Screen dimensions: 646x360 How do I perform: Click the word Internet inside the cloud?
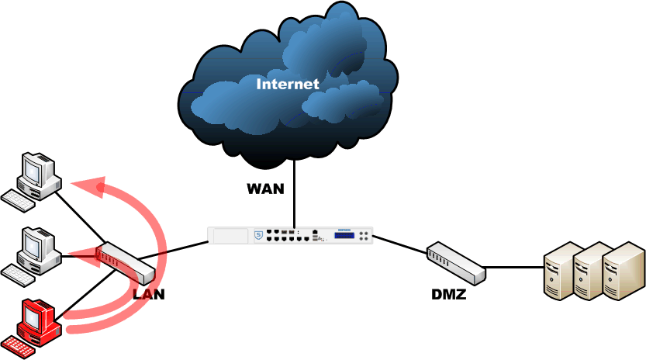point(288,84)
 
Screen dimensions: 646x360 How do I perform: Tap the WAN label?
point(266,189)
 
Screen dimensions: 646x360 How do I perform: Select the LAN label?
point(149,294)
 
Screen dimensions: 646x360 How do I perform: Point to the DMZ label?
point(449,294)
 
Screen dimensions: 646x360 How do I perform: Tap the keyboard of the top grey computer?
point(18,201)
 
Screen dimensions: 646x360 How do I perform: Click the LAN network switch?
point(126,263)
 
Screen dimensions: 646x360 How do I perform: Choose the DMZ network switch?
point(456,263)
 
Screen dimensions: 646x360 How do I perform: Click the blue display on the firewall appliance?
point(344,235)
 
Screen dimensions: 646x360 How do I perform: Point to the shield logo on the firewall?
point(259,235)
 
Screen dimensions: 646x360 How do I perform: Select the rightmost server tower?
point(624,271)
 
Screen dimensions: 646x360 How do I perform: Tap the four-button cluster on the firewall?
point(364,235)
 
